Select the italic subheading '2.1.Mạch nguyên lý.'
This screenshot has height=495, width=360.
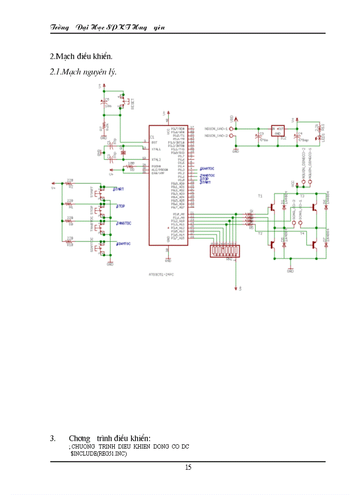tap(83, 71)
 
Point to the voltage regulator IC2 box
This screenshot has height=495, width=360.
tap(278, 130)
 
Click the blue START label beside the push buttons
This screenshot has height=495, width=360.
tap(118, 189)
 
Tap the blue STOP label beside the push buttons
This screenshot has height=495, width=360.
tap(120, 206)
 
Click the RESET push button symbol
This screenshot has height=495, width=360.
tap(123, 102)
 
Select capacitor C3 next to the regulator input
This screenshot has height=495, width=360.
tap(258, 135)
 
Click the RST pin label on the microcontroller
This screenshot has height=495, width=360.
tap(154, 142)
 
